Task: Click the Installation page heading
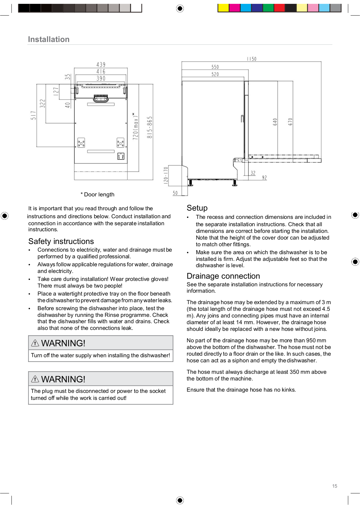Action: coord(49,39)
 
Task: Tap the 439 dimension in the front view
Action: coord(101,64)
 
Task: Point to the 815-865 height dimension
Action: coord(149,127)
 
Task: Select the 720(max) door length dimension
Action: coord(136,126)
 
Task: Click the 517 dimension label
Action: coord(33,115)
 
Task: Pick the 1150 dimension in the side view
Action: coord(252,59)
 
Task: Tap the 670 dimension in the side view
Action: coord(290,122)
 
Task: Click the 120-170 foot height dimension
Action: coord(166,175)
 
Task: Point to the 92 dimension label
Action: coord(264,178)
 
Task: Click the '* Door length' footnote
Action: coord(98,194)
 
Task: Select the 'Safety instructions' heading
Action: coord(61,241)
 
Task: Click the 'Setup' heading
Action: coord(197,208)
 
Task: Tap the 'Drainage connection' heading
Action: coord(223,276)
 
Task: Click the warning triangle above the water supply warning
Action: coord(35,343)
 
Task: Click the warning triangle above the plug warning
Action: coord(35,379)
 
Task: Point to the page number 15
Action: coord(335,486)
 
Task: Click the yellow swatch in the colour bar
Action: coord(223,8)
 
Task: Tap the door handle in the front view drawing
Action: coord(101,98)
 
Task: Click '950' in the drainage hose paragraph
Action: coord(311,340)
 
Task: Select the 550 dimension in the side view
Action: coord(215,67)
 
